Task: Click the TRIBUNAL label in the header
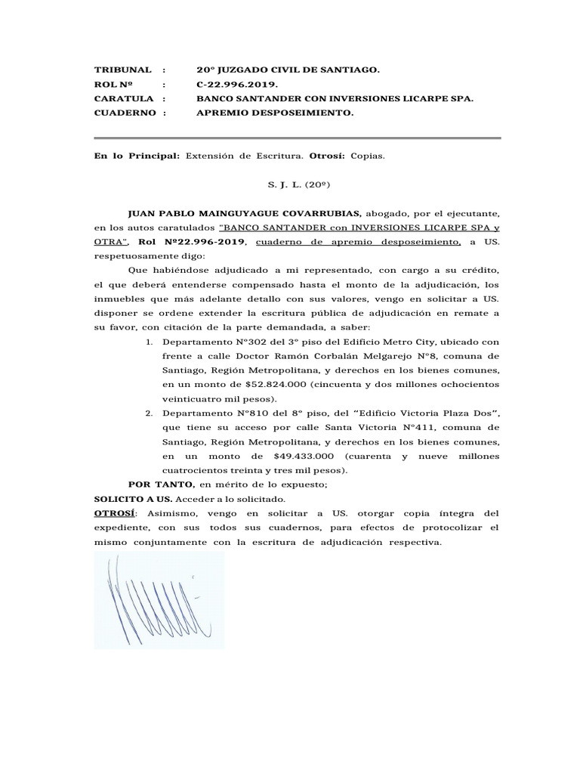(x=123, y=70)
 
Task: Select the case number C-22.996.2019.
(x=236, y=84)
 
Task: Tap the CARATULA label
(x=124, y=98)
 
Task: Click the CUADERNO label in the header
(x=125, y=113)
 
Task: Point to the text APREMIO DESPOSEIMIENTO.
(x=274, y=113)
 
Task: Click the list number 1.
(x=150, y=342)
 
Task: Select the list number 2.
(x=150, y=413)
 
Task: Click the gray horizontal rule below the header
(x=297, y=138)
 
